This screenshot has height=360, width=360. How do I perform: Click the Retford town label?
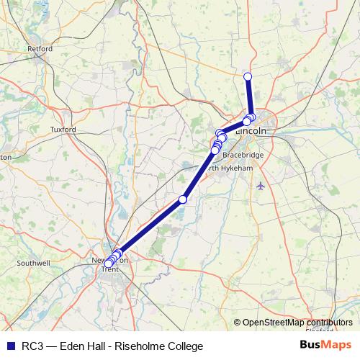[40, 49]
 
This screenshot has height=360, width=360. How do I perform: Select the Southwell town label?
[33, 264]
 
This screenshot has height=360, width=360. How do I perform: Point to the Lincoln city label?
[253, 132]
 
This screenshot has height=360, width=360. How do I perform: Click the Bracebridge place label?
[243, 155]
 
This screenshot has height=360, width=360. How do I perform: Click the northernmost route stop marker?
[248, 76]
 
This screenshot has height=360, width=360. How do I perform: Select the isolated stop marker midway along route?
[183, 199]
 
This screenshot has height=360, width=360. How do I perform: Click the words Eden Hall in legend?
[80, 346]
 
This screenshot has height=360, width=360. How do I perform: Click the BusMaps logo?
[325, 346]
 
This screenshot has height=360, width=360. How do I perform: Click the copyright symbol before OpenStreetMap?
[238, 323]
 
